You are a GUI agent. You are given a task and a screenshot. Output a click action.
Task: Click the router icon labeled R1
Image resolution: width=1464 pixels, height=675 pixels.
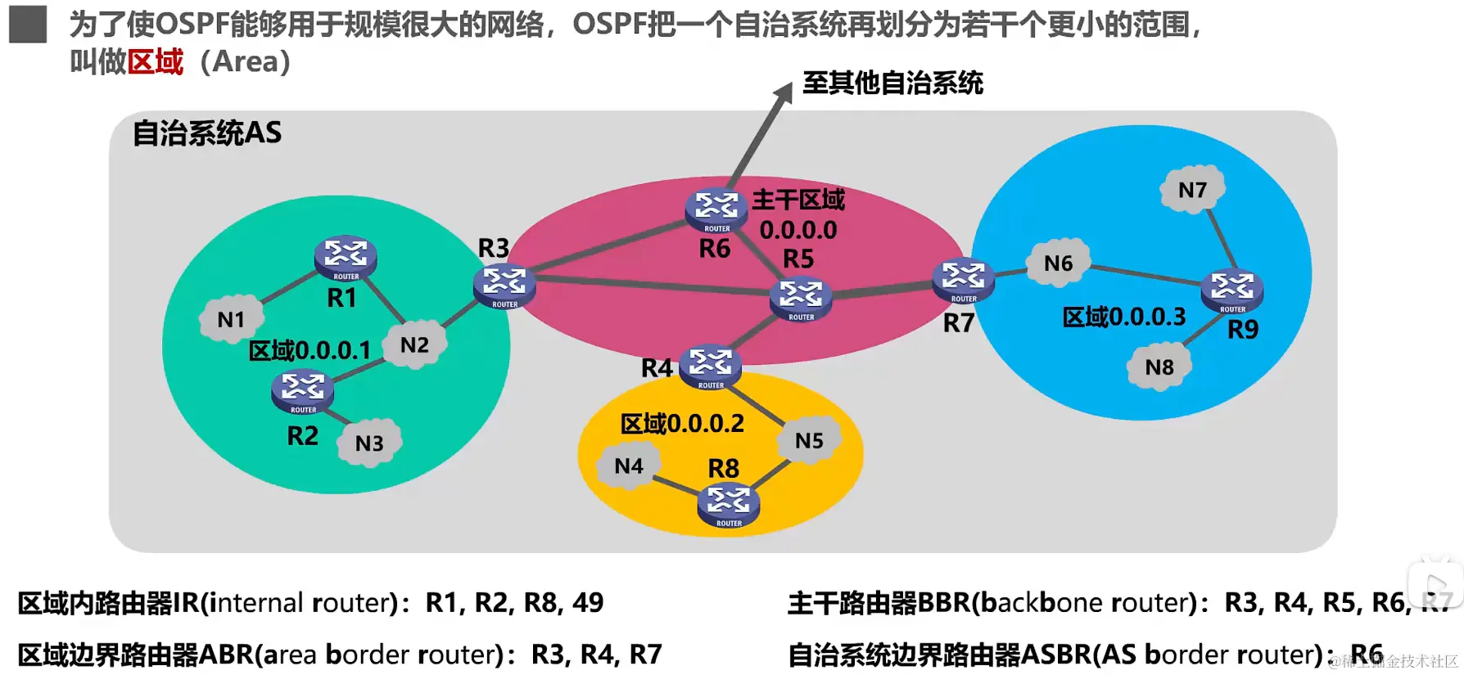[346, 257]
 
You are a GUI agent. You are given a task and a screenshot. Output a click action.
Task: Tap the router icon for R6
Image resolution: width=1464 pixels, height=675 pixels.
[716, 209]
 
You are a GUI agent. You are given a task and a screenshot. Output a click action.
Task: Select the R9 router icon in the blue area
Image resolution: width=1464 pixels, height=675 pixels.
[1232, 290]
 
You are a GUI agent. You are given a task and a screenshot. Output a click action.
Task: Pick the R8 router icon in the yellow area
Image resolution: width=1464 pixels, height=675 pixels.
[729, 504]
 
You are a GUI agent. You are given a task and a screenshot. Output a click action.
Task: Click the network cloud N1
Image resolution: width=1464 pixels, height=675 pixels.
[232, 319]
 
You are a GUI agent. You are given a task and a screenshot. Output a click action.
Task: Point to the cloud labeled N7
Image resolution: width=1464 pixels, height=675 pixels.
[1192, 190]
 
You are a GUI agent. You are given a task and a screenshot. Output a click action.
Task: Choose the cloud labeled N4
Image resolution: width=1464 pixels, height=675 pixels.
[629, 466]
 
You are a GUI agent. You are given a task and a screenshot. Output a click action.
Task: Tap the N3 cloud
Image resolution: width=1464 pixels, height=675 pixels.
[369, 443]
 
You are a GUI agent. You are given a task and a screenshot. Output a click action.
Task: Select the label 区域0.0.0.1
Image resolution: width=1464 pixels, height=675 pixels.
[310, 351]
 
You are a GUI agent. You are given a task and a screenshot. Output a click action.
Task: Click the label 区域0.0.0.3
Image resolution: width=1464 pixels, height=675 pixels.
[1123, 317]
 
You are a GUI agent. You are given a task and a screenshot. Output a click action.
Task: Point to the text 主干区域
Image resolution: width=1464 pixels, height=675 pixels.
[798, 200]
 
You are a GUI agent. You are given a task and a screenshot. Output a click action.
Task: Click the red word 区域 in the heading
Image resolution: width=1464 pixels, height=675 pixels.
[156, 62]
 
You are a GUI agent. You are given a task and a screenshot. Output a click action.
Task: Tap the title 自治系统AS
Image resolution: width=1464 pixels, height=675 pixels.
[207, 133]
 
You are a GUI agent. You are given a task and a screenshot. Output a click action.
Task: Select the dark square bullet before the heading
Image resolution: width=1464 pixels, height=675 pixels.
[28, 25]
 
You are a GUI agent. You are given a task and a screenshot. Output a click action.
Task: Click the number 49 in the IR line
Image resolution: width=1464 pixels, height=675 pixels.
[588, 603]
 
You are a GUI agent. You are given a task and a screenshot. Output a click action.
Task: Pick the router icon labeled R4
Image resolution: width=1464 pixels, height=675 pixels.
[710, 366]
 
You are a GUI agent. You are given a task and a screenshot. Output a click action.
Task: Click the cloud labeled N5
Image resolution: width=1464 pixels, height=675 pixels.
[809, 440]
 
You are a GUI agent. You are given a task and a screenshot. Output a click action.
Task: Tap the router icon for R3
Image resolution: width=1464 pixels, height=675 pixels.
[504, 285]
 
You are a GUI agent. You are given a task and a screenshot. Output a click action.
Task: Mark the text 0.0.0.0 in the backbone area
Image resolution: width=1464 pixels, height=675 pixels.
[798, 230]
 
